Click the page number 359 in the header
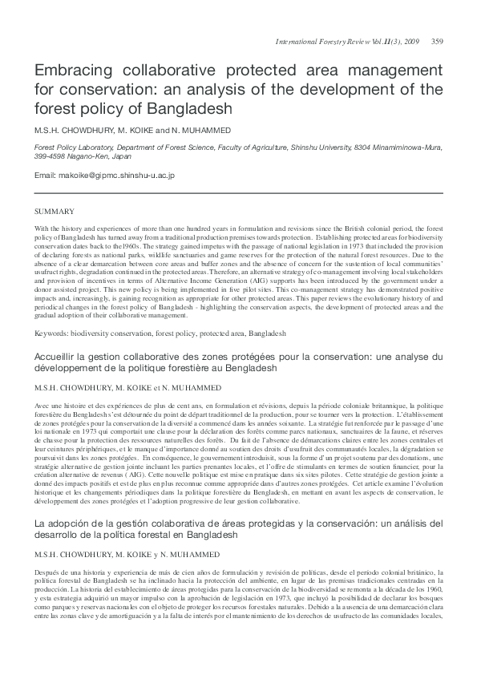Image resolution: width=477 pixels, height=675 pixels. pos(437,41)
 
